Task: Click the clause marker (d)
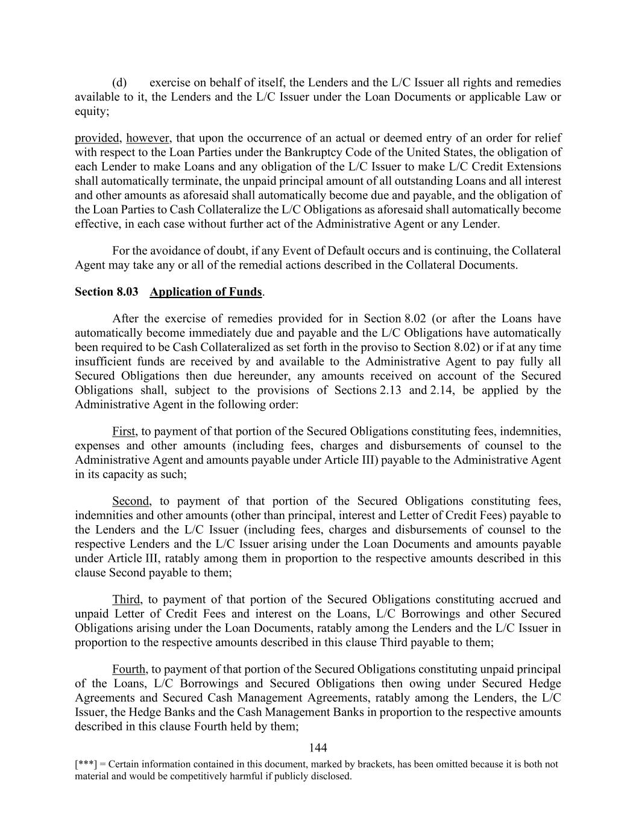pyautogui.click(x=119, y=83)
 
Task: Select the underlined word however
pyautogui.click(x=148, y=139)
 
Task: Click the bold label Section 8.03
pyautogui.click(x=106, y=292)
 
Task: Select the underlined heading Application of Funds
pyautogui.click(x=206, y=292)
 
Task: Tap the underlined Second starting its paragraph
pyautogui.click(x=130, y=502)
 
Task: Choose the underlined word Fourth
pyautogui.click(x=128, y=670)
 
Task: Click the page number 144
pyautogui.click(x=318, y=748)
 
